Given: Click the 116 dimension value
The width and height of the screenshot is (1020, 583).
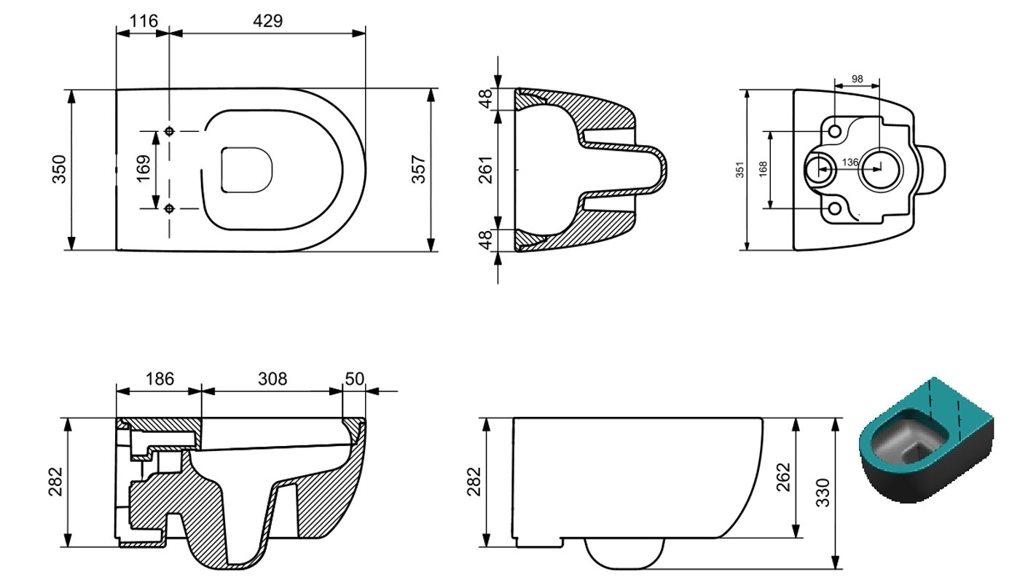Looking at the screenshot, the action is tap(144, 21).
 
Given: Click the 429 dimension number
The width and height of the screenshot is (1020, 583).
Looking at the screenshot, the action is tap(268, 21).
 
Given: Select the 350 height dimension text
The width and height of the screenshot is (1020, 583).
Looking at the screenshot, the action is tap(59, 169).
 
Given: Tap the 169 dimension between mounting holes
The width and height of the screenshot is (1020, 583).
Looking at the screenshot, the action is tap(144, 168).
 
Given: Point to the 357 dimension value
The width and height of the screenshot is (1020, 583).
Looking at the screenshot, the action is tap(418, 169).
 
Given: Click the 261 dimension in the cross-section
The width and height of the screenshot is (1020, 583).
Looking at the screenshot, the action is tap(486, 169).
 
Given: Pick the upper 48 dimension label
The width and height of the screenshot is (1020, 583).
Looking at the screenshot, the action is tap(486, 99).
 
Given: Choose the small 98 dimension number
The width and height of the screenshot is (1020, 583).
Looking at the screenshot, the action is tap(857, 79).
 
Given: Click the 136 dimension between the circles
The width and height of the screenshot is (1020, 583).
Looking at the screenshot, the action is tap(850, 162).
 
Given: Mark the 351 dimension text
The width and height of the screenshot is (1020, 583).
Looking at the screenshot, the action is tap(740, 169).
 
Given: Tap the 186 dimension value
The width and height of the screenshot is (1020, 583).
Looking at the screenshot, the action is tap(160, 379).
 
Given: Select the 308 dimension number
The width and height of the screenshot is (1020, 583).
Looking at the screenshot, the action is tap(272, 379).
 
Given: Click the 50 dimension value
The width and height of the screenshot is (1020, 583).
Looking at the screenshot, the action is tap(354, 379).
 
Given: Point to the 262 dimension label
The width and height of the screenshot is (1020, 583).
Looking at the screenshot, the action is tap(783, 477).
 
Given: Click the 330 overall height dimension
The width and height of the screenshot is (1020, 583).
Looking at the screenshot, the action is tap(823, 493).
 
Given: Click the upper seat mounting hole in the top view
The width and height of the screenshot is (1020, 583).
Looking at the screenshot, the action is tap(169, 131).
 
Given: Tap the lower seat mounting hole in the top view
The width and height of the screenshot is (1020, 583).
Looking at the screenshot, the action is tap(169, 208).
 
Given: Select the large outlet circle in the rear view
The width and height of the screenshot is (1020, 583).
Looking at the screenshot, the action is tap(880, 169).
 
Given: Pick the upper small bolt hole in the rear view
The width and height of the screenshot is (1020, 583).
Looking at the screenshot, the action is tap(835, 131).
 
